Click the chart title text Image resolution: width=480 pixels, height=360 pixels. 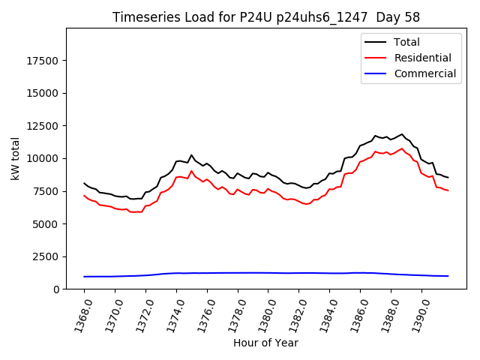(266, 17)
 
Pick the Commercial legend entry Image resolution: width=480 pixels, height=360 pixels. (424, 73)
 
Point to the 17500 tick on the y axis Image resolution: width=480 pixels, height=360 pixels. (44, 61)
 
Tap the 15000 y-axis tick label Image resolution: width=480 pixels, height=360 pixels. (44, 93)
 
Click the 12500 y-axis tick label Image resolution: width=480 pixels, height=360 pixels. (44, 126)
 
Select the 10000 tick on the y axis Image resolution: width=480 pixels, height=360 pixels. (44, 158)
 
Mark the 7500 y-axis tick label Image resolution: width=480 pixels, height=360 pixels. (47, 191)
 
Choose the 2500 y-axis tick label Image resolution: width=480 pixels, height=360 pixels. (47, 256)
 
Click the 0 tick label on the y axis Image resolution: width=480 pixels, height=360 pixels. (57, 289)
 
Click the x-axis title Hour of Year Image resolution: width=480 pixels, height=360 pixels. (265, 343)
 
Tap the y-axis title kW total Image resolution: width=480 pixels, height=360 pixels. (15, 158)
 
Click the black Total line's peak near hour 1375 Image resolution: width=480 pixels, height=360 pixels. (191, 155)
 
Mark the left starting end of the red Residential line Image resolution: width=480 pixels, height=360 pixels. (84, 196)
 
